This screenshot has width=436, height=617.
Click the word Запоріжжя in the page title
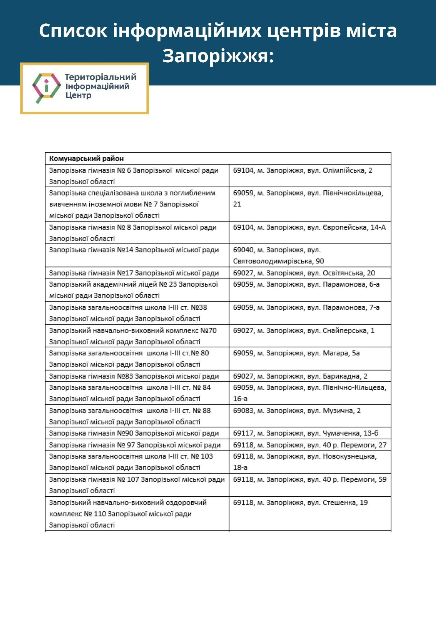pos(218,56)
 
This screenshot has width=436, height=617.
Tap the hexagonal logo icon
pos(47,88)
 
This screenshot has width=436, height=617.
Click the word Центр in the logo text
pos(78,95)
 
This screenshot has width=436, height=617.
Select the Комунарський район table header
pos(87,159)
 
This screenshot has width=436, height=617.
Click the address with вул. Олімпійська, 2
pos(302,170)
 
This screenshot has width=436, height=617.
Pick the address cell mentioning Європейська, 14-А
pos(309,227)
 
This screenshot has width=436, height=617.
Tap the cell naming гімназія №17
pos(134,273)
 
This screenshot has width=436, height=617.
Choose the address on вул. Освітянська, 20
pos(304,273)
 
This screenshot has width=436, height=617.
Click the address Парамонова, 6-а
pos(306,284)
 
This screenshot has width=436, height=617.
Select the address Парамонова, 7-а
pos(306,307)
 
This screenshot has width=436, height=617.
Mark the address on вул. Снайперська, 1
pos(304,330)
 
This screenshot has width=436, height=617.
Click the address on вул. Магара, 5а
pos(296,353)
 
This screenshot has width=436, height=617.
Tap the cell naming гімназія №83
pos(134,376)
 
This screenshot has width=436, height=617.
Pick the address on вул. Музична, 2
pos(297,411)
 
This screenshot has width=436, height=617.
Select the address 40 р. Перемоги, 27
pos(309,445)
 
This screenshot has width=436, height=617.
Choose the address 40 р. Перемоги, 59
pos(309,479)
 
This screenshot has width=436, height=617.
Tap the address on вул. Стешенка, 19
pos(300,503)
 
